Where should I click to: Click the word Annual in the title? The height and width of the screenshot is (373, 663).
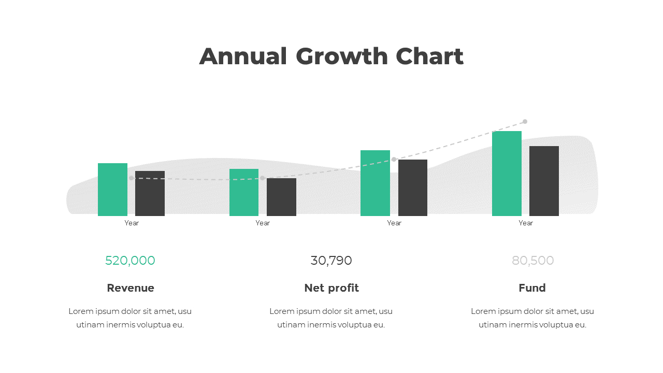(243, 56)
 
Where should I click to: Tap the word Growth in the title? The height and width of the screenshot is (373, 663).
(342, 56)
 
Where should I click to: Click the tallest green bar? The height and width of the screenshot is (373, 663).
(507, 174)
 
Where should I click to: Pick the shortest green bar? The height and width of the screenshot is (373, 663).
(243, 192)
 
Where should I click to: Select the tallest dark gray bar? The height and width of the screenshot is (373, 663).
(544, 181)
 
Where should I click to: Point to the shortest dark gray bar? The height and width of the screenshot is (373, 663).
(281, 197)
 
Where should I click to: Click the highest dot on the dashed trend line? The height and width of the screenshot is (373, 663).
(525, 122)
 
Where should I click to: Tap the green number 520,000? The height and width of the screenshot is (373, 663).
(130, 261)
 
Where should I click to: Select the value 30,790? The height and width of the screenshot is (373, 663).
(331, 261)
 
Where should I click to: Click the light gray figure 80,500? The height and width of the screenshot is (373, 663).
(532, 261)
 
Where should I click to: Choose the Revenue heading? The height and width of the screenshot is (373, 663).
(131, 288)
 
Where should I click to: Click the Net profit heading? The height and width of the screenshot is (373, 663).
(331, 288)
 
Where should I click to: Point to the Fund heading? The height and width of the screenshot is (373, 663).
(532, 288)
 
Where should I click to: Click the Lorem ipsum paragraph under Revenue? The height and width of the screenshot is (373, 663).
(130, 318)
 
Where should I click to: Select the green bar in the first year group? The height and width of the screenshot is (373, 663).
(112, 190)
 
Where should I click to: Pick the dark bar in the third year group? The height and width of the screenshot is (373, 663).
(413, 188)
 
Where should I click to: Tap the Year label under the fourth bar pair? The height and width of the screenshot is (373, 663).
(525, 223)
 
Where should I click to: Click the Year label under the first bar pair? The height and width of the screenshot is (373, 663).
(132, 223)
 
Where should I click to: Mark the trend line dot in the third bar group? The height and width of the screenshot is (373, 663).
(394, 159)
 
